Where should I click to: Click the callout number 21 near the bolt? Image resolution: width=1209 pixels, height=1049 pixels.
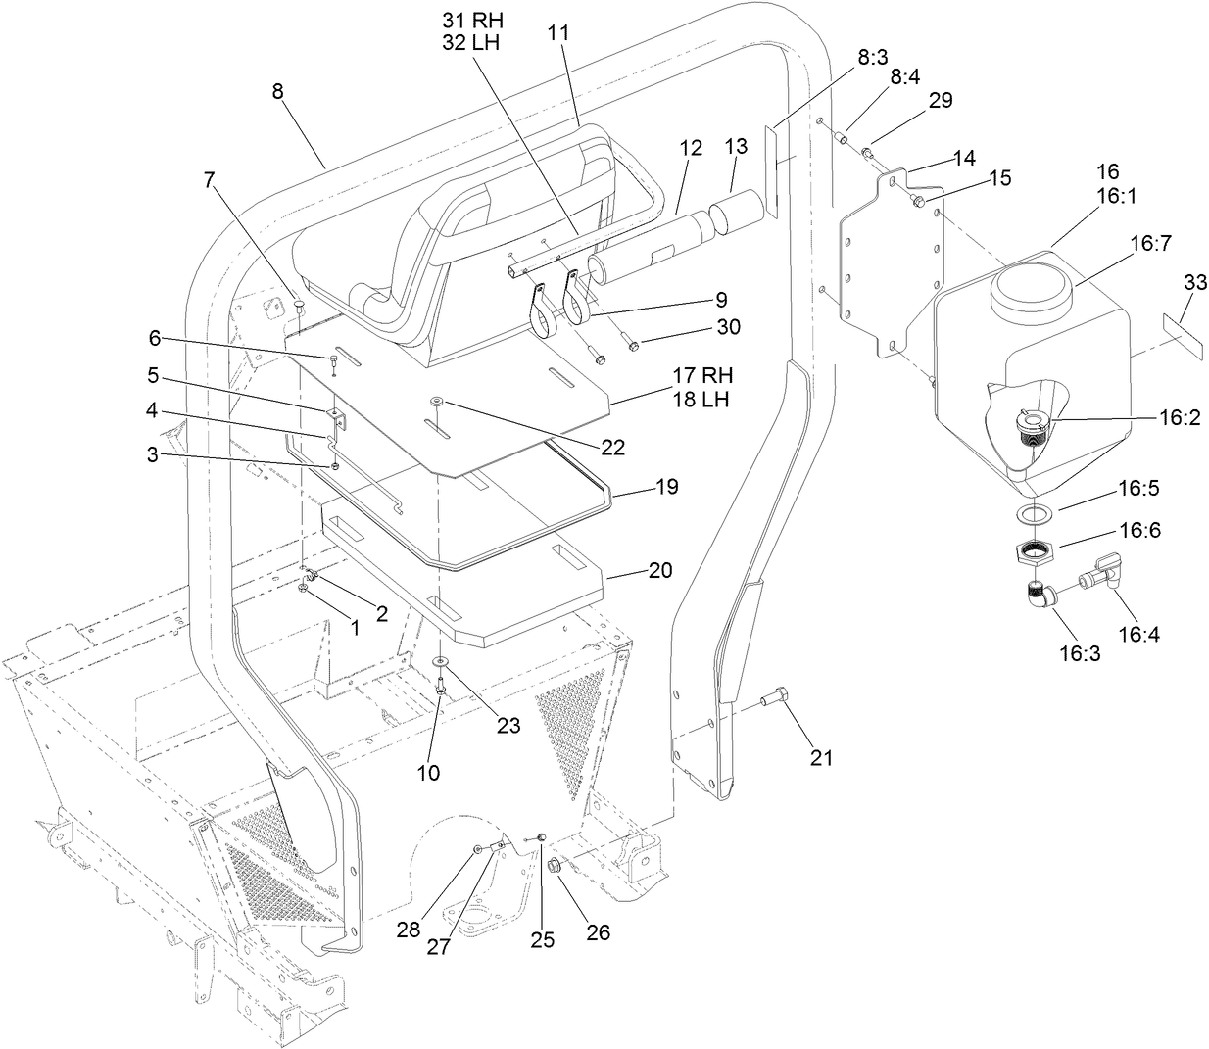820,756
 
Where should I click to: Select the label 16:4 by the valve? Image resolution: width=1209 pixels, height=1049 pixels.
1139,634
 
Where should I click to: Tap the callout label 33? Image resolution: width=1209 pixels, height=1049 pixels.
1194,283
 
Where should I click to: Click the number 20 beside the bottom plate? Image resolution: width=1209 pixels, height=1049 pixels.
659,570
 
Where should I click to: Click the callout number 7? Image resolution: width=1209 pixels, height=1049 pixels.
208,179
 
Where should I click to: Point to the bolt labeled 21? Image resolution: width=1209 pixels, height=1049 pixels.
772,699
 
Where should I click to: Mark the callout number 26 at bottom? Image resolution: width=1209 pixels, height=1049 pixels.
597,932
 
